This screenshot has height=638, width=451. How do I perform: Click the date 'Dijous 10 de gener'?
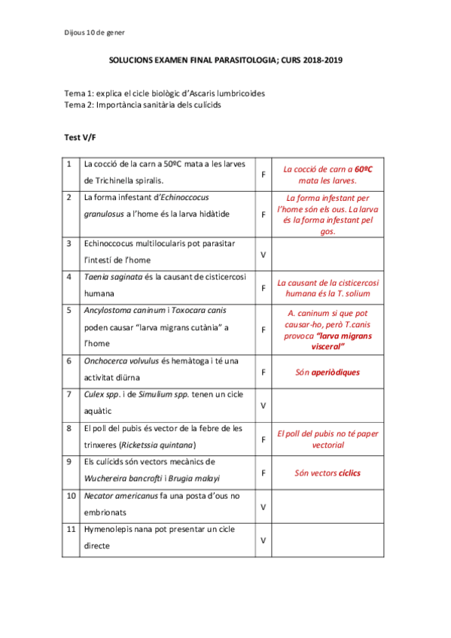(94, 32)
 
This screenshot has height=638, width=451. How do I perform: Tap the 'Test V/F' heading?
(81, 138)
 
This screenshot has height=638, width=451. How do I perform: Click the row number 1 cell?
(69, 164)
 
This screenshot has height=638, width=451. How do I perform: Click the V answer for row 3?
(264, 255)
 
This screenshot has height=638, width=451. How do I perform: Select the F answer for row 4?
(264, 288)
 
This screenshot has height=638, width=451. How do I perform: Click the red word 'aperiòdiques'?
(337, 372)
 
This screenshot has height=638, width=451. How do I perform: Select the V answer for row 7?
(264, 406)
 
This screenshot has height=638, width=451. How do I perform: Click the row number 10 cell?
(70, 495)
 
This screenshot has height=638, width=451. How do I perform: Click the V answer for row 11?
(264, 540)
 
